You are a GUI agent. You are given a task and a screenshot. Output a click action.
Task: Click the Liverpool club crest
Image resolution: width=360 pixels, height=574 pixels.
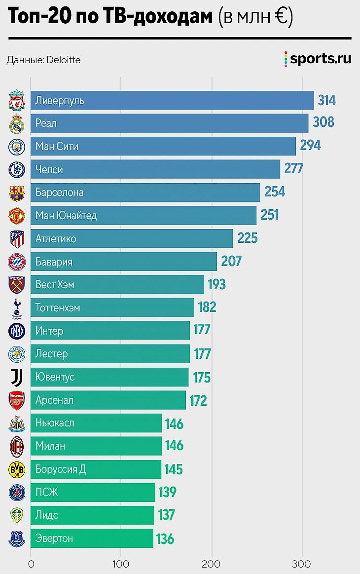click(16, 101)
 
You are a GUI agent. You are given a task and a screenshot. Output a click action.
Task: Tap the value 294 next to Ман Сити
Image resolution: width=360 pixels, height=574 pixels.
click(310, 146)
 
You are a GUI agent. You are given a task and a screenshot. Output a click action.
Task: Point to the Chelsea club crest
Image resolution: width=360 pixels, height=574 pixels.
click(16, 170)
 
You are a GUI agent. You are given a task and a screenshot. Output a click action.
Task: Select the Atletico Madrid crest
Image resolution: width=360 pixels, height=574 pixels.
click(16, 239)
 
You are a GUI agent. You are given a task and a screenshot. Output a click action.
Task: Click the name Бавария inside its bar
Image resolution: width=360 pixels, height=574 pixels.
click(54, 262)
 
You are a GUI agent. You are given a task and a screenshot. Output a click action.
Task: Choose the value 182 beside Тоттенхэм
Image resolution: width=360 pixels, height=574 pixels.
click(207, 307)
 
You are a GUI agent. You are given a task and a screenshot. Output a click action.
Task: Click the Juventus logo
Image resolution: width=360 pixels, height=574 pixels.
click(16, 377)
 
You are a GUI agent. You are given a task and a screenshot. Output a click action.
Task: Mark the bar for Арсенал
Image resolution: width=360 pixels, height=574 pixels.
click(108, 400)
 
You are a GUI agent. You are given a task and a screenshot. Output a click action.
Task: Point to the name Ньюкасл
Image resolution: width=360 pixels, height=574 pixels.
click(55, 423)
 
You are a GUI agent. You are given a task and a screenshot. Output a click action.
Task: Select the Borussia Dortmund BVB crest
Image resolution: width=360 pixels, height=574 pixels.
click(16, 469)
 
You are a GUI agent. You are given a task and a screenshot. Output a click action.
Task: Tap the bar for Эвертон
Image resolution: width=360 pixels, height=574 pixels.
click(92, 538)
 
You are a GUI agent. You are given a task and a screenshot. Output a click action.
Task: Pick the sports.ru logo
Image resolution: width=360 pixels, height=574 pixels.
click(318, 59)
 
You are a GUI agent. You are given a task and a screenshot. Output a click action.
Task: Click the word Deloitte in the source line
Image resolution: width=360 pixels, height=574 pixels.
click(63, 60)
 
